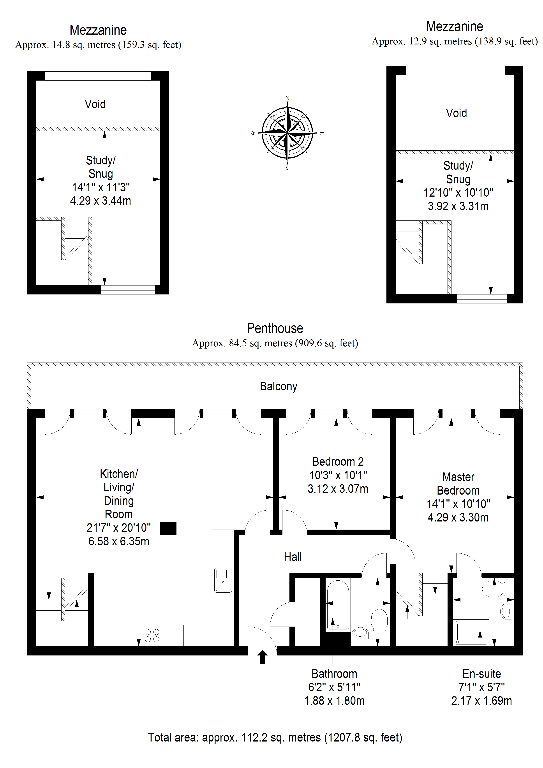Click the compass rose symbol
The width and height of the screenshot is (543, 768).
[287, 133]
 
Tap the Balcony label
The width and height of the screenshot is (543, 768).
[278, 386]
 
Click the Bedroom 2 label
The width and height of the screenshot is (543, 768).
[338, 461]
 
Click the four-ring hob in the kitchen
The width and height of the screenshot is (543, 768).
[152, 635]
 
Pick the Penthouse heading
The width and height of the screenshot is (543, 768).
[275, 328]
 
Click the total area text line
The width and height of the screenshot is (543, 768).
[275, 738]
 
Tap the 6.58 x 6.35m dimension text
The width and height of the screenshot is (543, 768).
[119, 541]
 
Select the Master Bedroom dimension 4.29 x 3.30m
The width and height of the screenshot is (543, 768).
[458, 518]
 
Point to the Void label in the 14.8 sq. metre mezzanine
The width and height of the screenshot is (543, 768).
[95, 104]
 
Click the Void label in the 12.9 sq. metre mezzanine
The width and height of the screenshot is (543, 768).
[456, 113]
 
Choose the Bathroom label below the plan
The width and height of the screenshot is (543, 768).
[334, 674]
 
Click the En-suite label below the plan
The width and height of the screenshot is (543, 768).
[481, 674]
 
